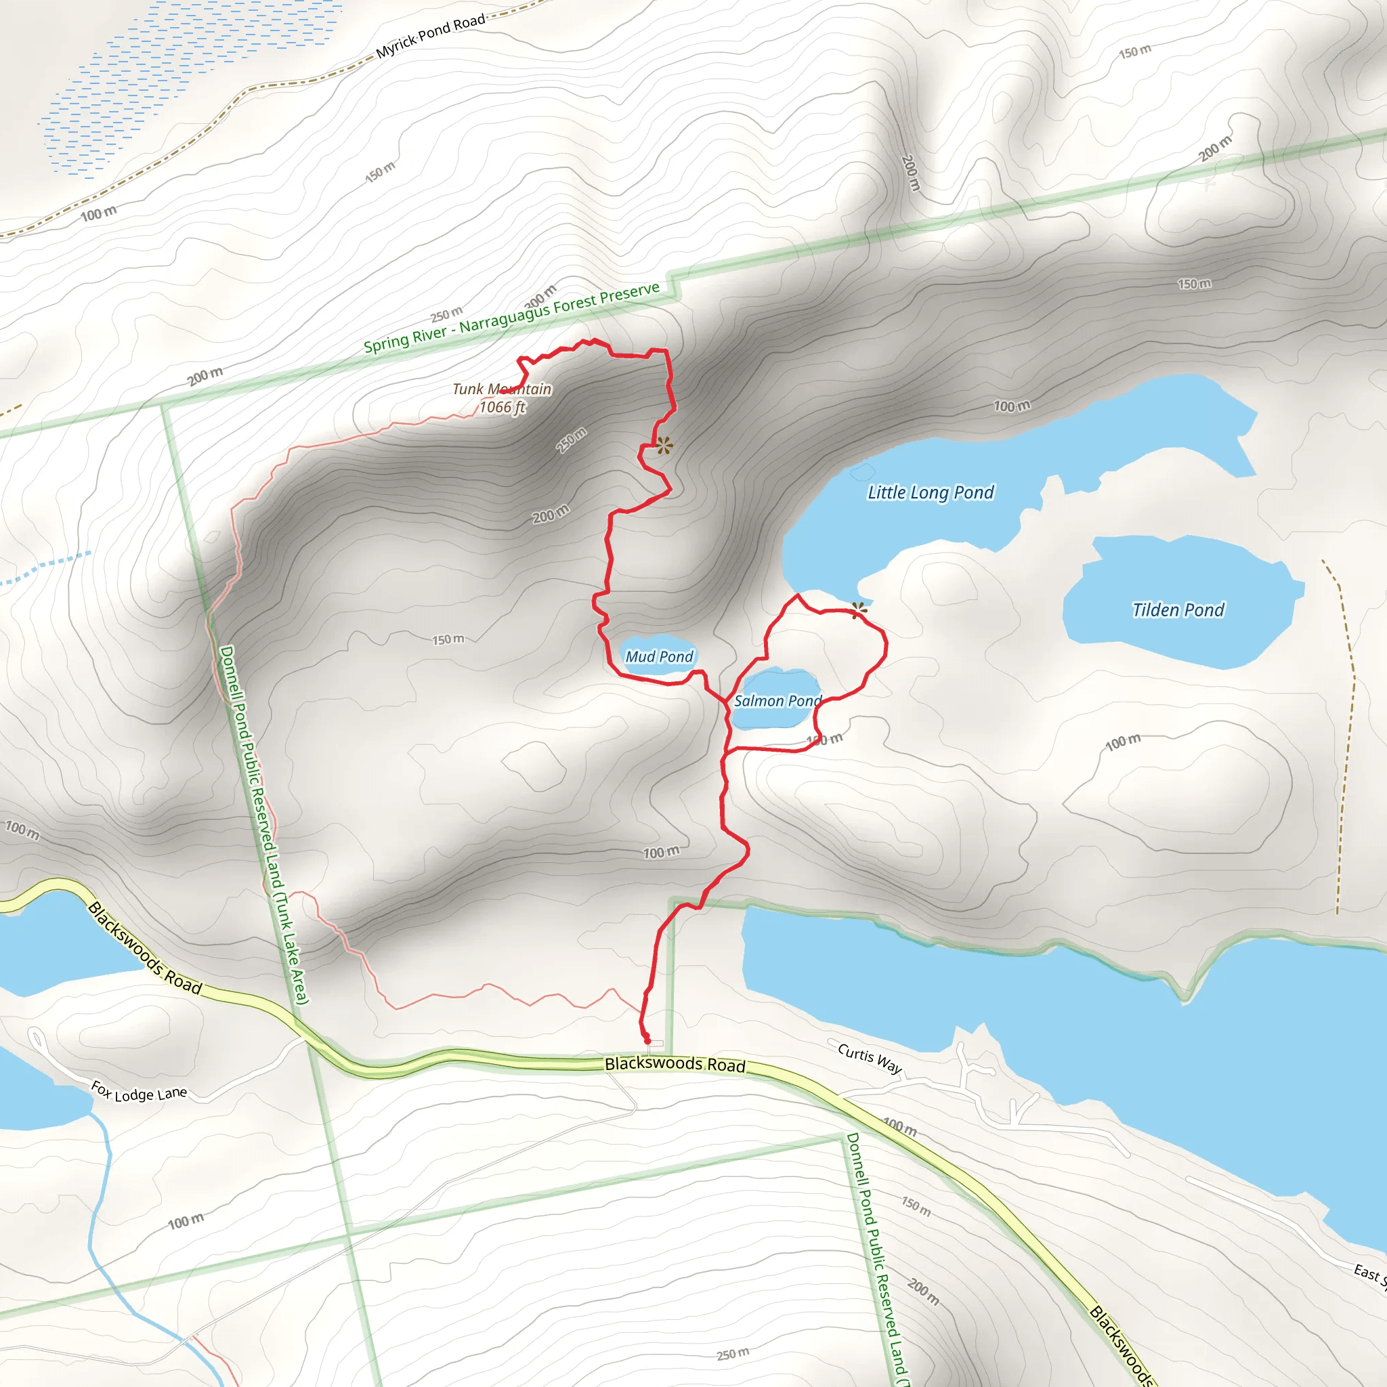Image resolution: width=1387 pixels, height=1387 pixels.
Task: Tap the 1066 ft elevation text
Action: coord(502,407)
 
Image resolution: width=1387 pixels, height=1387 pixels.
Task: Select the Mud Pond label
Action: coord(659,656)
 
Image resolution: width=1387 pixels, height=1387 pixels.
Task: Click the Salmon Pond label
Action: coord(777,701)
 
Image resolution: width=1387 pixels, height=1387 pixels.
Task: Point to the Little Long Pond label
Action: coord(931,492)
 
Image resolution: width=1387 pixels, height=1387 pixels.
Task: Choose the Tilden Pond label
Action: coord(1178,610)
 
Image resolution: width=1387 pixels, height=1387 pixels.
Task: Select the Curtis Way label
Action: coord(870,1059)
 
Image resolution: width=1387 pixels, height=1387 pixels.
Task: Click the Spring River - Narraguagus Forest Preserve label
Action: coord(511,318)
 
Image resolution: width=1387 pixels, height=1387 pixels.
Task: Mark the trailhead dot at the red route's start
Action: coord(647,1041)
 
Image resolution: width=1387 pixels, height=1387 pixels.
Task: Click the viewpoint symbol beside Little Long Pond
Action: coord(859,611)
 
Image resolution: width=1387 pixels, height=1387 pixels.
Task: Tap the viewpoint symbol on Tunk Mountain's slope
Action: coord(664,446)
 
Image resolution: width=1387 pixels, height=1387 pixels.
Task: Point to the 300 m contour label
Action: coord(540,295)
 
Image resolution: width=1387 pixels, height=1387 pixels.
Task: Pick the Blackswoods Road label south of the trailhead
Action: coord(675,1064)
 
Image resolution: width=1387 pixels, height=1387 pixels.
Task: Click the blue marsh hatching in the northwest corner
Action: coord(179,79)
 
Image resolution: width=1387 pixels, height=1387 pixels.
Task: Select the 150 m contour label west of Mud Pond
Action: coord(448,639)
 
